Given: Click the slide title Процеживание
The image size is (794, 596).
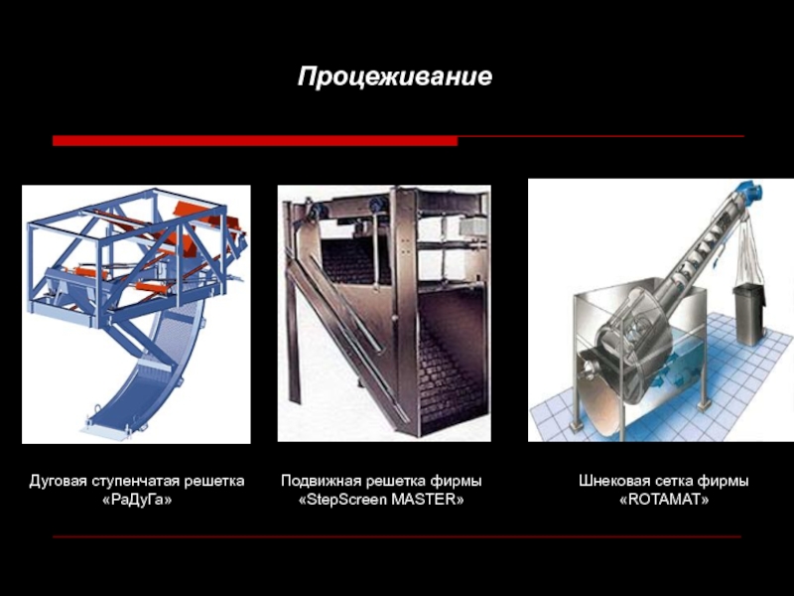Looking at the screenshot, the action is coord(394,77).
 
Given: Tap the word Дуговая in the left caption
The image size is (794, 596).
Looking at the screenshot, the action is coord(58,481).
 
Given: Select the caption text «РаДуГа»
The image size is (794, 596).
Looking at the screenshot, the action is coord(137,501).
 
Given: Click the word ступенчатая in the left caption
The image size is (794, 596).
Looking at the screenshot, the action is coord(135,482).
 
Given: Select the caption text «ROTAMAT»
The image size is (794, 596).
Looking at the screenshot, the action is coord(664,500).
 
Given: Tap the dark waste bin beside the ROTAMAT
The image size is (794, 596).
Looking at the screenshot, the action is coord(749,314).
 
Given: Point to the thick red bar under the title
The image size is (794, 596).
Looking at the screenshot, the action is coord(255,141).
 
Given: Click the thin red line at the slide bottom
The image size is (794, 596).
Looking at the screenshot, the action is coord(397,536).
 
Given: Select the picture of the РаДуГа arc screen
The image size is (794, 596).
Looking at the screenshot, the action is coord(136,314).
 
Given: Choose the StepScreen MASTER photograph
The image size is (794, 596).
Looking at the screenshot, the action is coord(384,313).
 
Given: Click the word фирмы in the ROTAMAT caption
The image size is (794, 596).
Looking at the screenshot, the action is coord(724,481).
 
